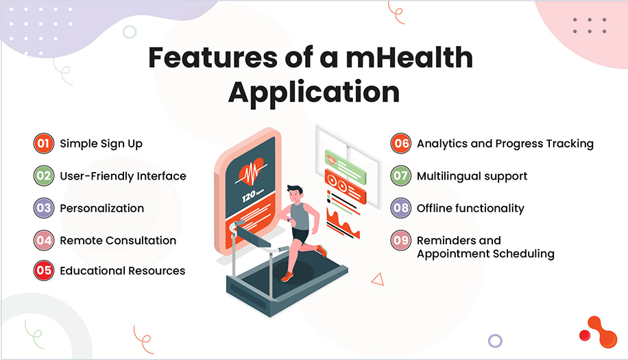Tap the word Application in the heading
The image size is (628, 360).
click(313, 91)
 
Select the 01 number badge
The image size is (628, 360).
click(44, 144)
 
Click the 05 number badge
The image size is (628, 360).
click(44, 271)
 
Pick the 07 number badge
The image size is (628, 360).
click(400, 176)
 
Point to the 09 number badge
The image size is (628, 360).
click(400, 241)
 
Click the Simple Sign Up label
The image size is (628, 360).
click(101, 144)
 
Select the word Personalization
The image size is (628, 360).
click(101, 208)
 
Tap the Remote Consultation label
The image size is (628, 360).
click(118, 241)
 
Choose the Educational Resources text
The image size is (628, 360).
click(122, 271)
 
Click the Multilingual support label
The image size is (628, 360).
click(472, 176)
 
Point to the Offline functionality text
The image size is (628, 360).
click(470, 208)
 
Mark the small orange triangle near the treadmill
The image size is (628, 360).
click(376, 278)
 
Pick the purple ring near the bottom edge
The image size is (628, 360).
click(495, 340)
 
